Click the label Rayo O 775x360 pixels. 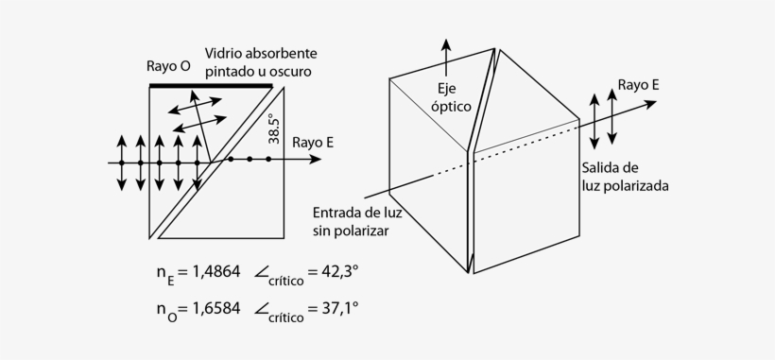(x=169, y=67)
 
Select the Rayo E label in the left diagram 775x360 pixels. (x=312, y=143)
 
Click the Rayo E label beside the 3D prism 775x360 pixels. (x=638, y=84)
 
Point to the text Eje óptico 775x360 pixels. (x=451, y=96)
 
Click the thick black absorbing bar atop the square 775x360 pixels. (x=211, y=86)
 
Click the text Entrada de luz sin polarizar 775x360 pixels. (x=351, y=220)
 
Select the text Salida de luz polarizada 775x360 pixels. (x=625, y=177)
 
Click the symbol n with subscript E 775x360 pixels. (x=165, y=275)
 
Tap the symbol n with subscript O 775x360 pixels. (x=166, y=310)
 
